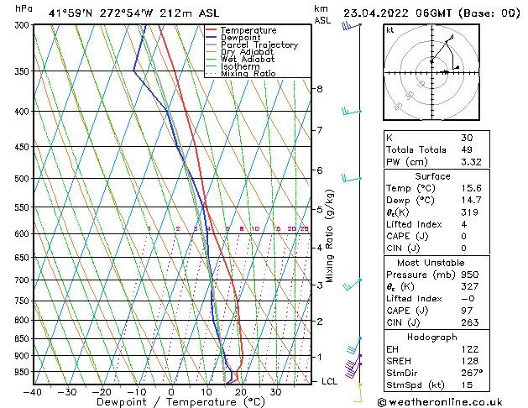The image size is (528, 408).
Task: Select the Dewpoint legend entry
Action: pyautogui.click(x=243, y=38)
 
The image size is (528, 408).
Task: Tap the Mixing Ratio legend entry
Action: pyautogui.click(x=248, y=74)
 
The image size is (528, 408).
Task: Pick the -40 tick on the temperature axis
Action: pyautogui.click(x=32, y=392)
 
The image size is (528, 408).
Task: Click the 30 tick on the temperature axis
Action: pyautogui.click(x=275, y=392)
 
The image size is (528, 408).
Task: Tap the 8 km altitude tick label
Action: pyautogui.click(x=319, y=89)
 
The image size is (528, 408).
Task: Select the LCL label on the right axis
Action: pyautogui.click(x=331, y=381)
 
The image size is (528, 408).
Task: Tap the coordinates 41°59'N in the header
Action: pyautogui.click(x=71, y=13)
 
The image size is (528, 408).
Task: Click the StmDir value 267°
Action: pyautogui.click(x=471, y=372)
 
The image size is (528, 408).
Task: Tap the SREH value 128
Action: pyautogui.click(x=468, y=360)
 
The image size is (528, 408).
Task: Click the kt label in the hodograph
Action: pyautogui.click(x=389, y=29)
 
